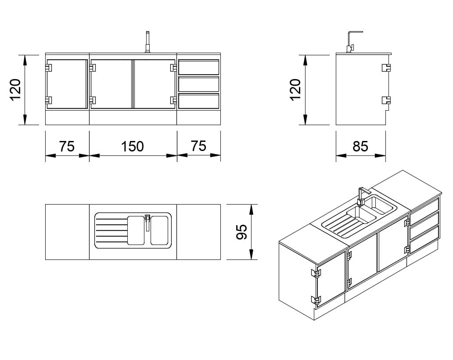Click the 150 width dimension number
coord(133,146)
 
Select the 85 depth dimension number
coord(360,146)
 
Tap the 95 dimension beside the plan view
coord(241,231)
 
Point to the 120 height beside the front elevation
coord(16,90)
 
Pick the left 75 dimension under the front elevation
coord(67,146)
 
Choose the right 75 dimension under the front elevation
coord(198,146)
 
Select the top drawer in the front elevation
coord(198,67)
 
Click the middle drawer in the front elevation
coord(198,84)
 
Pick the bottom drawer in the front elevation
coord(198,101)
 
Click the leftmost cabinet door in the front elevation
coord(67,84)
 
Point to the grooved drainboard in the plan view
coord(111,231)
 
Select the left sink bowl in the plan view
coord(136,230)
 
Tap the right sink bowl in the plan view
coord(159,230)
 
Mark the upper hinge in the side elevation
coord(386,68)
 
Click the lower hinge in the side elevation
coord(386,100)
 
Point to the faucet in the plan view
coord(147,221)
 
